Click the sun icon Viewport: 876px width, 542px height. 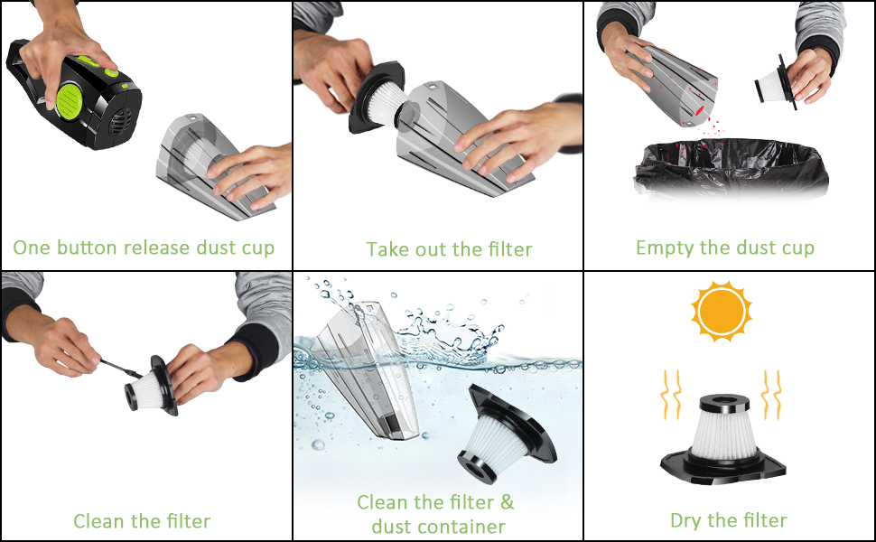tap(721, 311)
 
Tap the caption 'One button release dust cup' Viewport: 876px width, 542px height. tap(144, 248)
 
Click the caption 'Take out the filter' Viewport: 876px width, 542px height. tap(449, 249)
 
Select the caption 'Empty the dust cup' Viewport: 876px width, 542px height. tap(725, 248)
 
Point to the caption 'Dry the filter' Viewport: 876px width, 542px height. tap(728, 520)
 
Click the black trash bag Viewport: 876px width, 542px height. tap(731, 168)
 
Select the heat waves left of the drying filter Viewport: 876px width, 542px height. tap(671, 394)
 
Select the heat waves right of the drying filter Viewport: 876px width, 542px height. tap(772, 394)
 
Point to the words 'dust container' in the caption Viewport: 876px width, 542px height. tap(438, 526)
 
